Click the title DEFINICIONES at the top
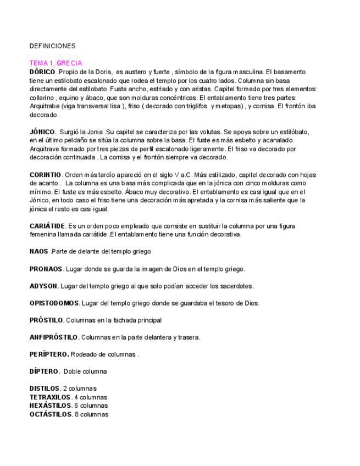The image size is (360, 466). click(53, 46)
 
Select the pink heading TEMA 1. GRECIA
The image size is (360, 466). click(56, 64)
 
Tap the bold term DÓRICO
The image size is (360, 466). click(42, 72)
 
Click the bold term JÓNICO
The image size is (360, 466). click(42, 132)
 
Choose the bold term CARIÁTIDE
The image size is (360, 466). click(47, 226)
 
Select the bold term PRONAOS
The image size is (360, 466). click(46, 269)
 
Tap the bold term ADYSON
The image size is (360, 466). click(43, 286)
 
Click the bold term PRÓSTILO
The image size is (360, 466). click(47, 320)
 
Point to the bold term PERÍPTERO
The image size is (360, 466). click(49, 354)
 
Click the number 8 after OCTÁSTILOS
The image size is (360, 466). click(77, 414)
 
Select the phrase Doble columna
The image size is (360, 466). click(87, 371)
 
